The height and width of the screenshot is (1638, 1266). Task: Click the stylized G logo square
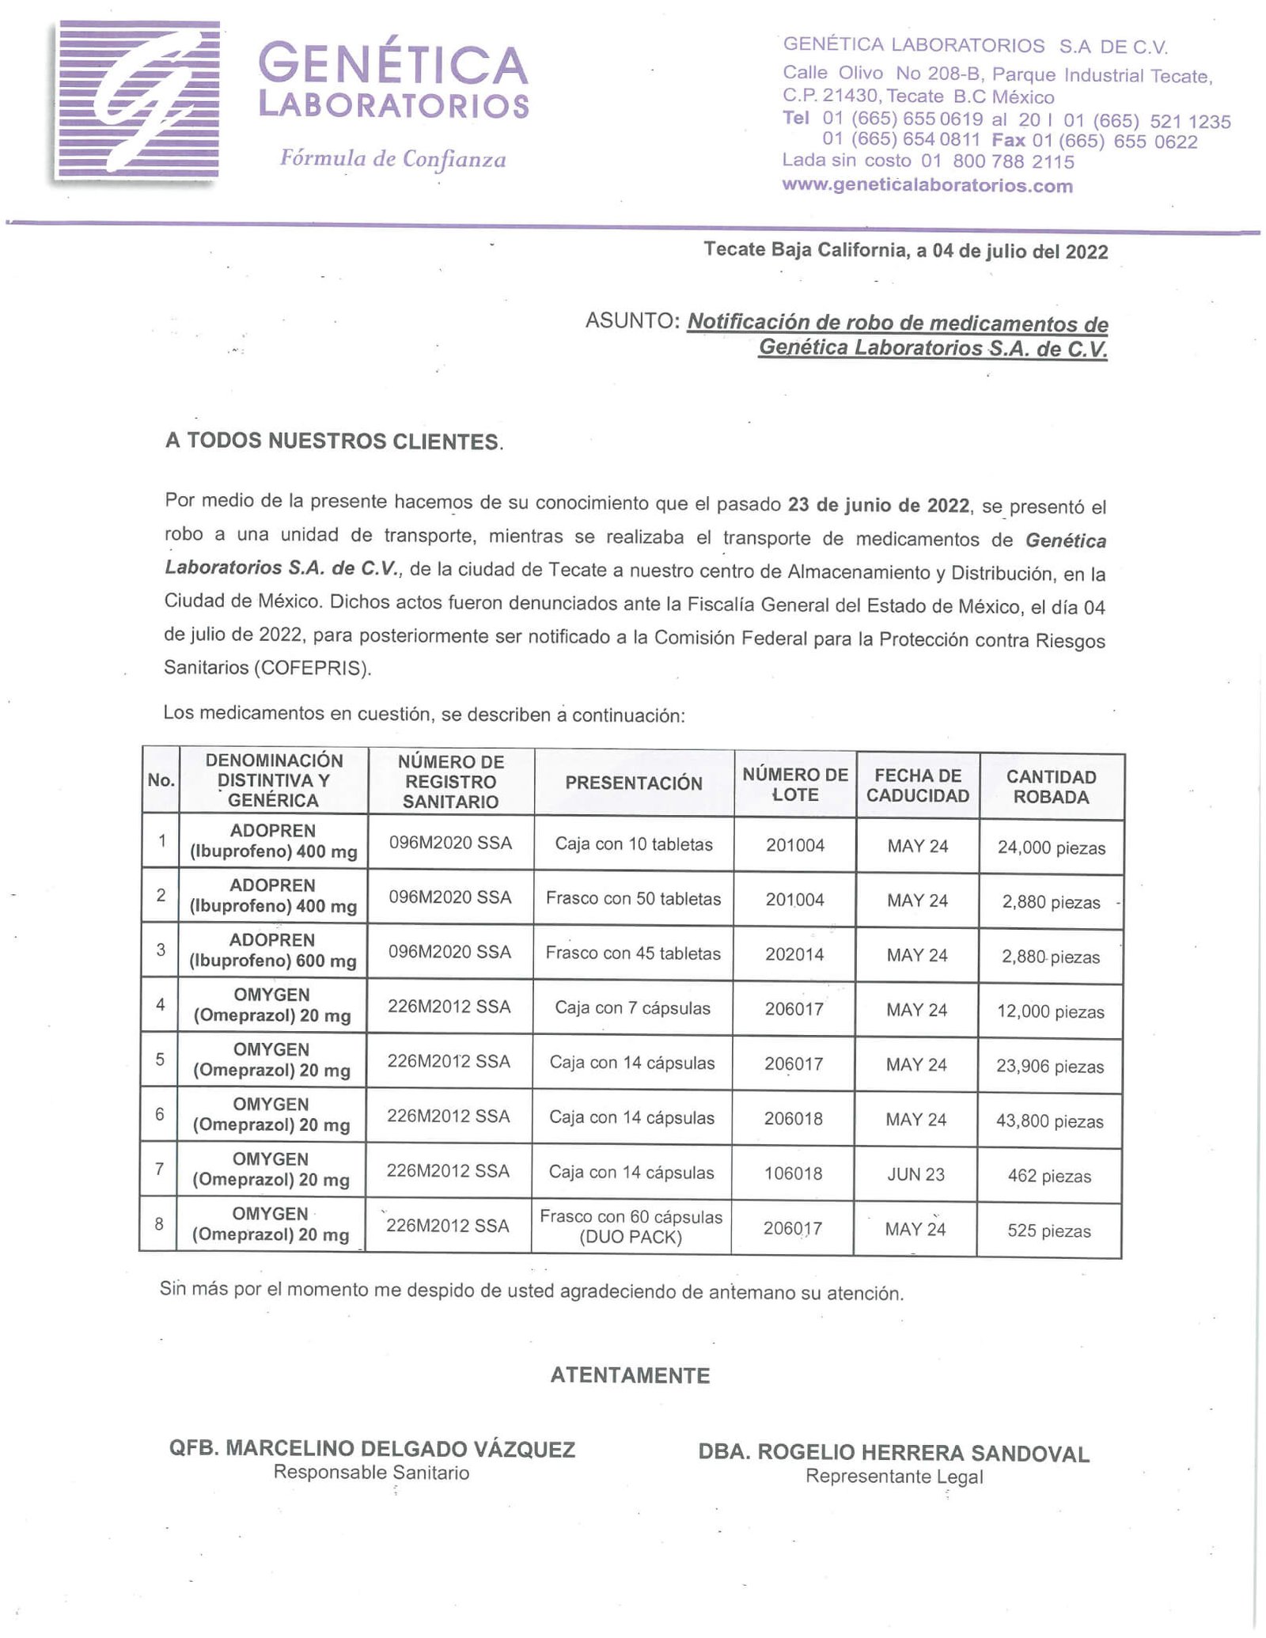tap(136, 100)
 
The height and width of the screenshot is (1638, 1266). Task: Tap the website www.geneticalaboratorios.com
tap(927, 186)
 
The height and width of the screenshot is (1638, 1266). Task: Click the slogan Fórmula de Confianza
tap(392, 159)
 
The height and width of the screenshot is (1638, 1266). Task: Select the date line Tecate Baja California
tap(905, 251)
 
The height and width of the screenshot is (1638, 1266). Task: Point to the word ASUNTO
tap(632, 320)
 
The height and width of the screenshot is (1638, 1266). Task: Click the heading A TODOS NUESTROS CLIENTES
tap(333, 442)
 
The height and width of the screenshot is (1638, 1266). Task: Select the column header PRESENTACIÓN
tap(633, 783)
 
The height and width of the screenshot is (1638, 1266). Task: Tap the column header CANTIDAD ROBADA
tap(1051, 787)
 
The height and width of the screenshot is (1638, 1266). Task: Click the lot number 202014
tap(794, 954)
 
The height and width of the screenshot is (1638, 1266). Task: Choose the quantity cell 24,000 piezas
tap(1051, 848)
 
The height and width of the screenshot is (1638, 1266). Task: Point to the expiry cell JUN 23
tap(915, 1174)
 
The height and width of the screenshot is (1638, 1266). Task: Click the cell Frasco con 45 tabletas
tap(633, 954)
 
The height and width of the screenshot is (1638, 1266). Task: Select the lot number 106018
tap(794, 1174)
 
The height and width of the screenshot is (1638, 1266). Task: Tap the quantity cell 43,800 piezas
tap(1049, 1121)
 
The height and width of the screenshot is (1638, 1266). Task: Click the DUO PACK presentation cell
tap(631, 1227)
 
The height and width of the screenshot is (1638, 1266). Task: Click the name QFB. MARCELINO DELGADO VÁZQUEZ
tap(372, 1450)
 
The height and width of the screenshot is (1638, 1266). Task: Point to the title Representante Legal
tap(894, 1477)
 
